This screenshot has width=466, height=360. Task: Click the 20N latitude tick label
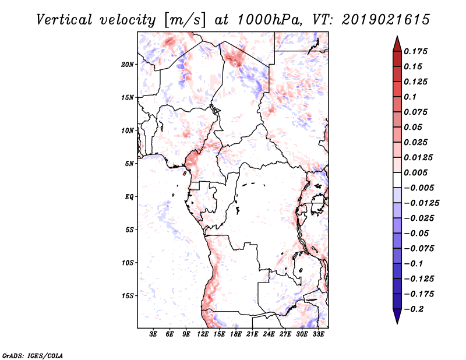point(128,64)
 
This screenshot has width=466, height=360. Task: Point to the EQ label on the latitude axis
point(129,196)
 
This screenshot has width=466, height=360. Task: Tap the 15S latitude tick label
point(128,295)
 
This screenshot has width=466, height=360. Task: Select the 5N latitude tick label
point(129,164)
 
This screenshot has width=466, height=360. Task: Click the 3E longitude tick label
point(153,335)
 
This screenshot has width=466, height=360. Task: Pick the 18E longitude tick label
point(235,335)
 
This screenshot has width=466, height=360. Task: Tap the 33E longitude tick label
point(318,335)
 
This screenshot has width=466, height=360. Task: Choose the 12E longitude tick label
point(203,335)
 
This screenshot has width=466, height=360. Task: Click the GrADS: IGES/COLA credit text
point(33,355)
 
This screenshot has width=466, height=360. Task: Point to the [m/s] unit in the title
point(185,20)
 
